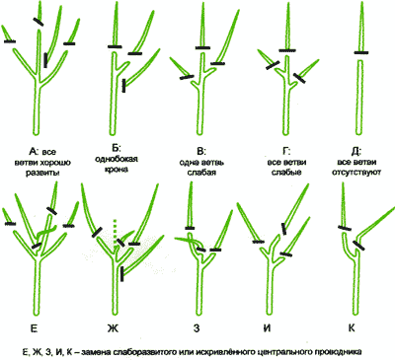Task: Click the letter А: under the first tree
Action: pyautogui.click(x=34, y=152)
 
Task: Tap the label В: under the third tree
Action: pyautogui.click(x=201, y=152)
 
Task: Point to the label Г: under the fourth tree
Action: pyautogui.click(x=285, y=152)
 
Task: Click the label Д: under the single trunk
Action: pyautogui.click(x=356, y=152)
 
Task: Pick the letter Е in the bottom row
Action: pyautogui.click(x=35, y=327)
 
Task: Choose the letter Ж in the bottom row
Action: pyautogui.click(x=113, y=327)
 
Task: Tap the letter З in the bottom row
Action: pyautogui.click(x=197, y=327)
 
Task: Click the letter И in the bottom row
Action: pyautogui.click(x=267, y=327)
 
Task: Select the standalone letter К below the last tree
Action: pyautogui.click(x=352, y=327)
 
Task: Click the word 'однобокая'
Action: pyautogui.click(x=117, y=159)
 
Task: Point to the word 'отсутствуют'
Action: pyautogui.click(x=356, y=172)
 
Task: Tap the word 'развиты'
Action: pyautogui.click(x=42, y=173)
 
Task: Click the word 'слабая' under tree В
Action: pyautogui.click(x=201, y=173)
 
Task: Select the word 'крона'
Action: pyautogui.click(x=117, y=170)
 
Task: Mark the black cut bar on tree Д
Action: pyautogui.click(x=361, y=52)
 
